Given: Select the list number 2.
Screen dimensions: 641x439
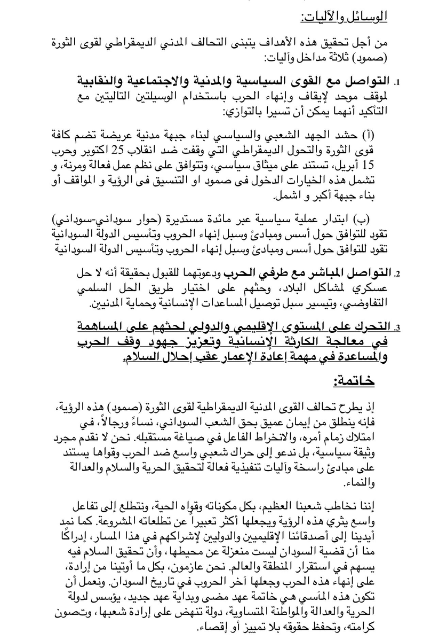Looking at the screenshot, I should point(396,275).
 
